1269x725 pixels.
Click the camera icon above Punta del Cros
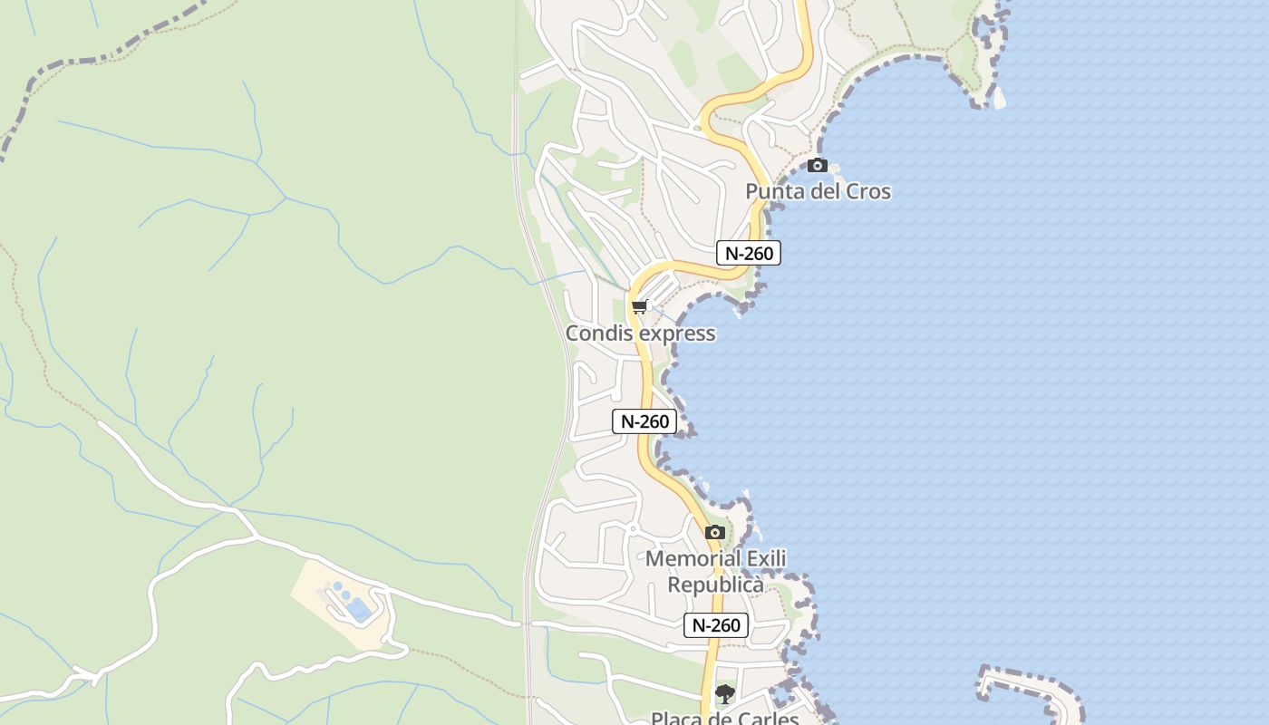[x=818, y=165]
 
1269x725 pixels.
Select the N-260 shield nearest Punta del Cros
[x=749, y=253]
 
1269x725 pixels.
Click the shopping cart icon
[x=640, y=306]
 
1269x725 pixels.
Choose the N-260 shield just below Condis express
[x=644, y=421]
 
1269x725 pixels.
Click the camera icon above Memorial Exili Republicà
[x=715, y=532]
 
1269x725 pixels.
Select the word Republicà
[x=716, y=585]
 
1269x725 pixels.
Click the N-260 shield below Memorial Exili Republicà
[x=715, y=624]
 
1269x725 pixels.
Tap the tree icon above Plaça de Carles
[x=724, y=694]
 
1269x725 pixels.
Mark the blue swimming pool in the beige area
[x=359, y=609]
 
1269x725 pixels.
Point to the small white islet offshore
[x=998, y=98]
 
